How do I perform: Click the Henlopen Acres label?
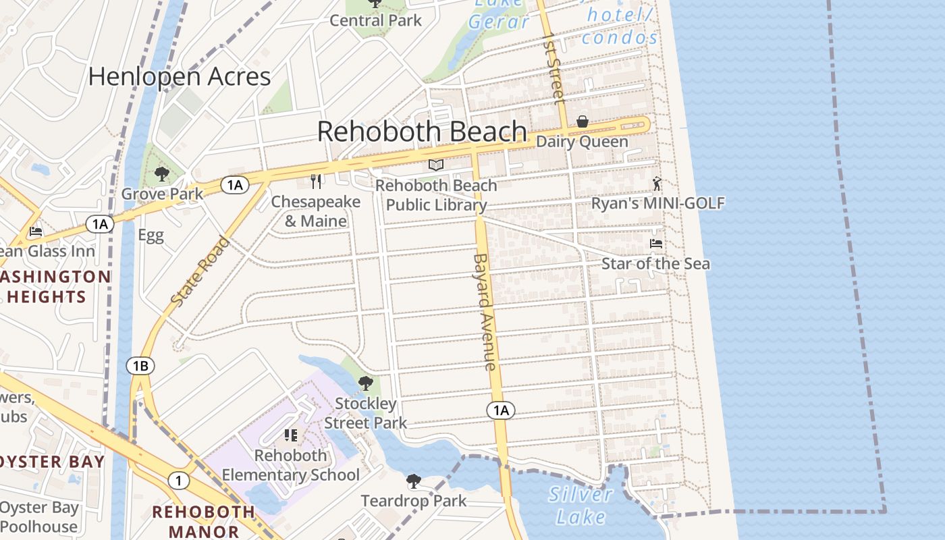180,76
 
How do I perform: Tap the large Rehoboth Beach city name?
422,131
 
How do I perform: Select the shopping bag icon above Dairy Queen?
582,122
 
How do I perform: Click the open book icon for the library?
436,165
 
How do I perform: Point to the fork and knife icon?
315,181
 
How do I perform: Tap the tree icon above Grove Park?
161,175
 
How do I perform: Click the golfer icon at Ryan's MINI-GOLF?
657,183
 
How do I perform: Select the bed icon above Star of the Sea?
655,243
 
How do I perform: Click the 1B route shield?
140,366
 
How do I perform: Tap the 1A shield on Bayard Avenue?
500,410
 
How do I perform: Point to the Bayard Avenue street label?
485,311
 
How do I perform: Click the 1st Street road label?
553,67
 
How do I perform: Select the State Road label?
200,271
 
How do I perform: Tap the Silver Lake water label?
580,506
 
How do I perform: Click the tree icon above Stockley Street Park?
365,383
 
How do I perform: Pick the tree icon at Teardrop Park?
413,481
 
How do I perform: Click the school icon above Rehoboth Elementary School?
291,435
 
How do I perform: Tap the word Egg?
151,236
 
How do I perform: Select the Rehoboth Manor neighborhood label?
204,521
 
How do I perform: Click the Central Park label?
375,20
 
